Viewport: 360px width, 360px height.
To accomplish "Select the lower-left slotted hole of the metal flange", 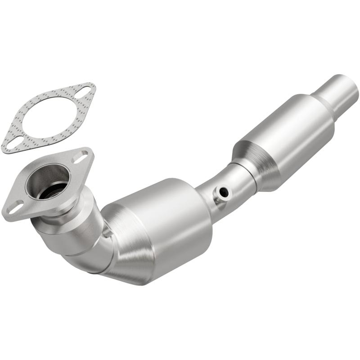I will pyautogui.click(x=14, y=208).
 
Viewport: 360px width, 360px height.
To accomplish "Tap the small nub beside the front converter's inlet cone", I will pyautogui.click(x=108, y=232).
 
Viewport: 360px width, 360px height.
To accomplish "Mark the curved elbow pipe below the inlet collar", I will pyautogui.click(x=88, y=259).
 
